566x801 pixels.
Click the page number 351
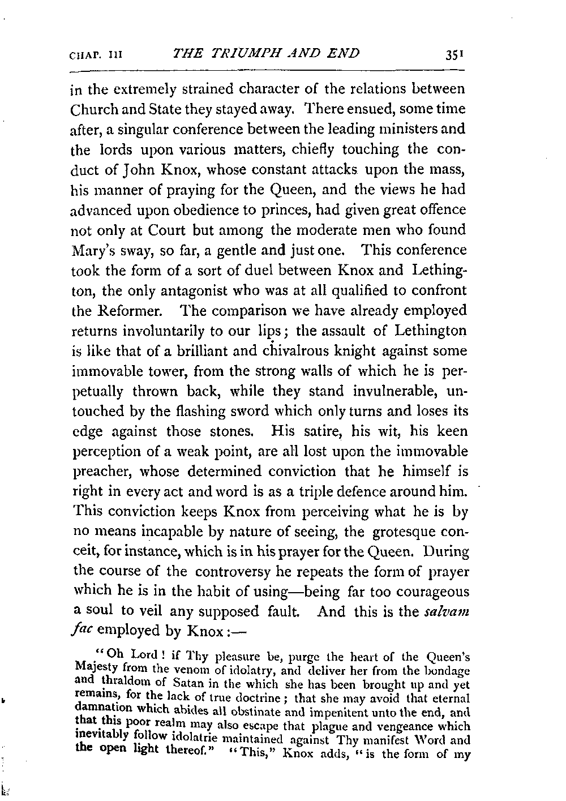454,55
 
